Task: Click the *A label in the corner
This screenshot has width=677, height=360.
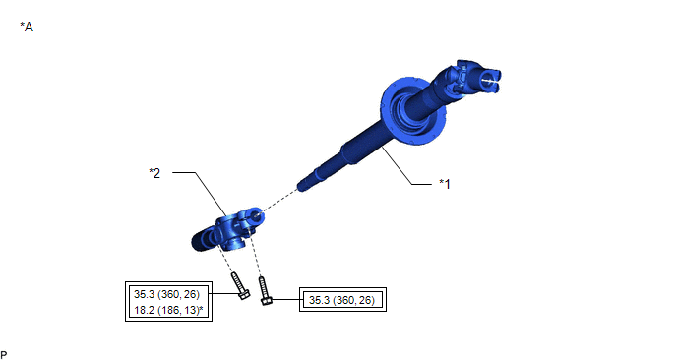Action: pos(27,27)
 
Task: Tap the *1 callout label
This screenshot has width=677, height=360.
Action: pos(445,184)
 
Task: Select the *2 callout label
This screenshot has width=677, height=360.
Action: pos(154,173)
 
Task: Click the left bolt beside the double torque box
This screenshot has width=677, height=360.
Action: pos(240,286)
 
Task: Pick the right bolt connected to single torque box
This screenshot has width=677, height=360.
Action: pos(265,290)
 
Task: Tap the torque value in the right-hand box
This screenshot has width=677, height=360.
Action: pos(342,300)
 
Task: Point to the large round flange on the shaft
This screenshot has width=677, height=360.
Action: pos(412,110)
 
